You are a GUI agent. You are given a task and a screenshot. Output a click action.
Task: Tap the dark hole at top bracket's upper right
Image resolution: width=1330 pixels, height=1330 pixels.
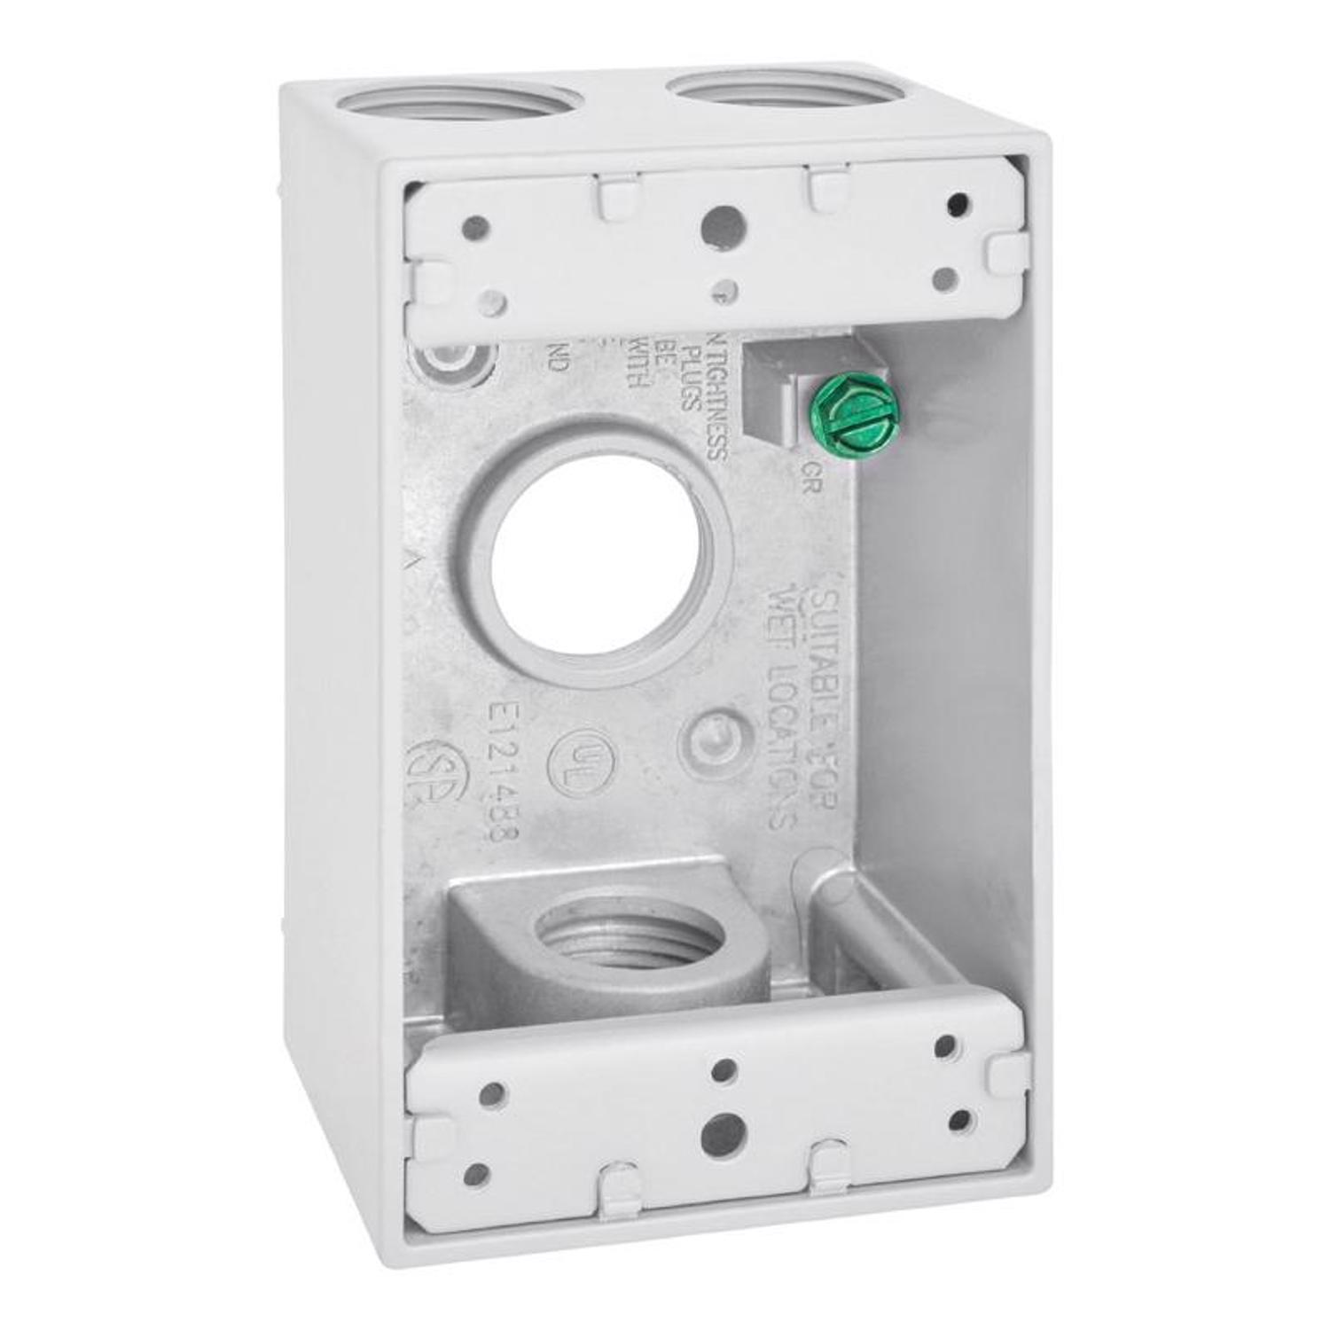(958, 205)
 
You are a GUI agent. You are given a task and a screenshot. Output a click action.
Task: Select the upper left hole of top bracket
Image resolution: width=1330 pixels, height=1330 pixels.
(475, 228)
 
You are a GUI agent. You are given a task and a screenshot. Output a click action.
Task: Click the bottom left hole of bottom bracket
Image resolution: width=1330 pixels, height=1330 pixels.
(476, 1175)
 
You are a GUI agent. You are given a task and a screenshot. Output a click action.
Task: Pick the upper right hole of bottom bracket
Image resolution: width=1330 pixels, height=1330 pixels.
(944, 1047)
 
